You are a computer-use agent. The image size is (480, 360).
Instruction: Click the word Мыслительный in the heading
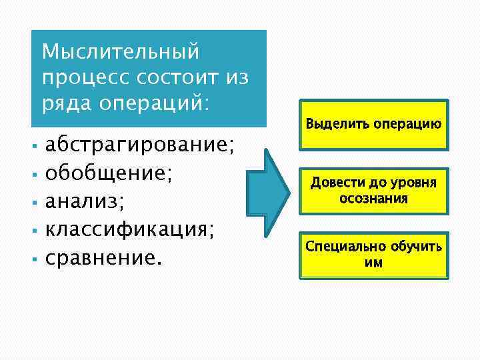(x=121, y=51)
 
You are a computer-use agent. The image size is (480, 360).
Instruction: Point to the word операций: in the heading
(x=153, y=104)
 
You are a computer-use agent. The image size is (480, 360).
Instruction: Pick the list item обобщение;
(x=109, y=173)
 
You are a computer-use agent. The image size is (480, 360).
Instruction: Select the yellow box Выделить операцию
(x=373, y=125)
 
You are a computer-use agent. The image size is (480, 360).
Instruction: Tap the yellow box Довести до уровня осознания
(x=373, y=191)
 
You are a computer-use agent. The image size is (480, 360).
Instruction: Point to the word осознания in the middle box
(x=373, y=199)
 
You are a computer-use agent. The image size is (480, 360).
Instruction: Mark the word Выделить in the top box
(x=329, y=124)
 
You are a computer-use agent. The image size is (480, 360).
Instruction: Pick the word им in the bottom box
(x=373, y=263)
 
